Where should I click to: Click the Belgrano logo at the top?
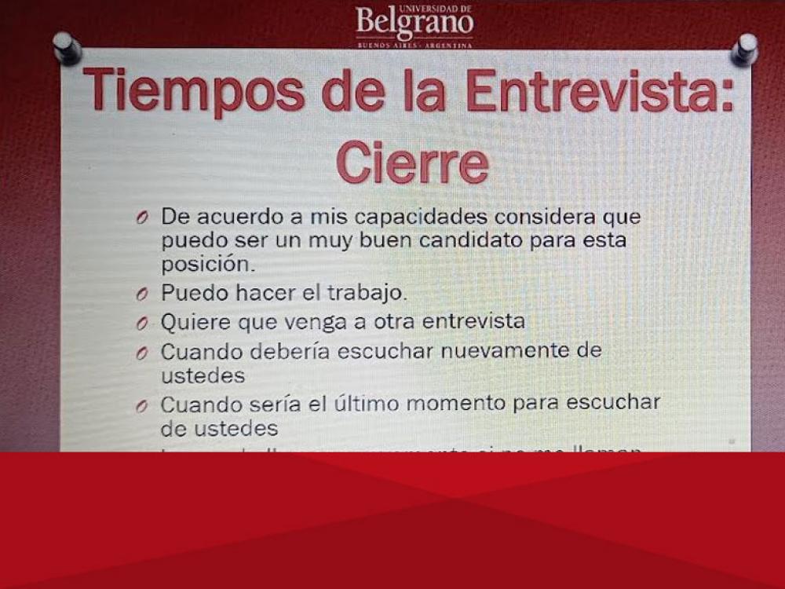coord(414,25)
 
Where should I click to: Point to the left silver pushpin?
coord(67,46)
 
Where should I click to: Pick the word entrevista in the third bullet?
coord(473,322)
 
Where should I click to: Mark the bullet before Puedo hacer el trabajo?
coord(141,295)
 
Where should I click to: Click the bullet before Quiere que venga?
coord(141,324)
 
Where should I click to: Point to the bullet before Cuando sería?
coord(141,406)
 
